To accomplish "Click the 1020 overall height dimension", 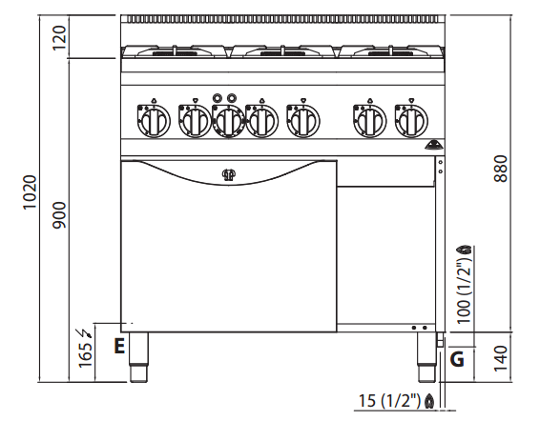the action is tap(30, 192).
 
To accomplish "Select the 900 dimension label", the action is tap(59, 215).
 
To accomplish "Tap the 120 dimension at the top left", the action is tap(59, 37).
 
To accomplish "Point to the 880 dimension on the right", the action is tap(501, 169).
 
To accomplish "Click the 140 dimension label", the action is tap(501, 358).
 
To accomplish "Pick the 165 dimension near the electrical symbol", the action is tap(86, 354).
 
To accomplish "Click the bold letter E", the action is tap(119, 346).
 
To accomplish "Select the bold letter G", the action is tap(457, 360).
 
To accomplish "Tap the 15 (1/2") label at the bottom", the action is tap(389, 401).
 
